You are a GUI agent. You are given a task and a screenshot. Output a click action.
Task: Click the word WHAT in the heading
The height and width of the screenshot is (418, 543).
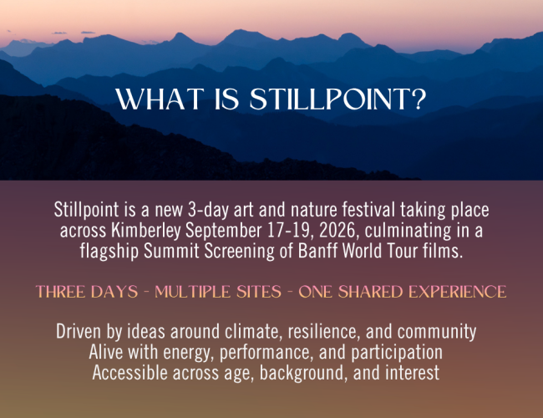click(x=160, y=99)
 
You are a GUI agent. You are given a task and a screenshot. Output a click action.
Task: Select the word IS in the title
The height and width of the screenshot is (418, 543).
click(x=227, y=99)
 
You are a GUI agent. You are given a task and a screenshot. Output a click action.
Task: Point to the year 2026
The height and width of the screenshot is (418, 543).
click(x=337, y=232)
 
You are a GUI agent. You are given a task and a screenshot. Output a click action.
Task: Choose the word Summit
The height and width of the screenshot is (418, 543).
click(x=171, y=251)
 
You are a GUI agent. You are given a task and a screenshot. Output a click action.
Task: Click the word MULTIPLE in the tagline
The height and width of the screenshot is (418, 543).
click(x=192, y=292)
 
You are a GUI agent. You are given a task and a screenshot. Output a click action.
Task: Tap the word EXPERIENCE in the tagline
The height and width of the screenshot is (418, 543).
click(x=457, y=292)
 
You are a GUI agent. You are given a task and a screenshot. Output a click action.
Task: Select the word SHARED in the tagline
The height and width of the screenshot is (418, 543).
click(x=370, y=292)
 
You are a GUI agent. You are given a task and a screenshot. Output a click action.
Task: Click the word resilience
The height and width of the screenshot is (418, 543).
click(x=323, y=332)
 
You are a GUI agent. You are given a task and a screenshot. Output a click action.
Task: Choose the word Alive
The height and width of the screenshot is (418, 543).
click(x=106, y=352)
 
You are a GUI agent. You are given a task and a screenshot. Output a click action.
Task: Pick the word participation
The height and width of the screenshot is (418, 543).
click(x=397, y=353)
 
